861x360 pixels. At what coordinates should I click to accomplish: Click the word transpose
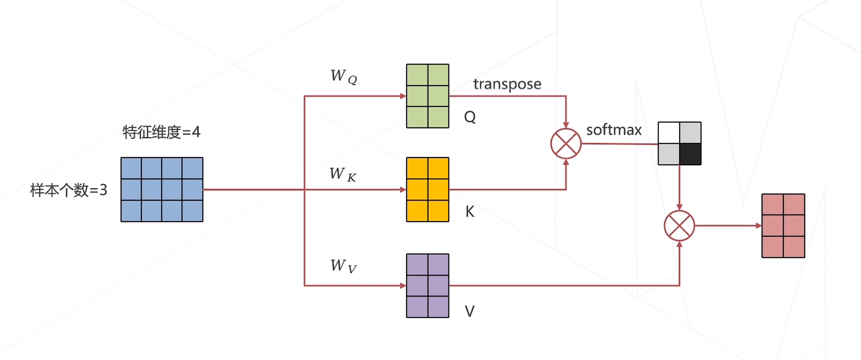click(507, 84)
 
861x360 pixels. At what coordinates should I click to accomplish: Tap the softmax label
click(614, 130)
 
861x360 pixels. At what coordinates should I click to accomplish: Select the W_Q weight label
click(343, 76)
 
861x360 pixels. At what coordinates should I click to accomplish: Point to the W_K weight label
click(342, 174)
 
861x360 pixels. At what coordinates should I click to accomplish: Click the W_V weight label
click(343, 266)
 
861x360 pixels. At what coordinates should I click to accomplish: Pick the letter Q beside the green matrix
click(470, 117)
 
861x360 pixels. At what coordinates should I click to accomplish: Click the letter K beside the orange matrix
click(470, 212)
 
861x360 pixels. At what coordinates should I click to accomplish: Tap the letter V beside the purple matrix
click(469, 311)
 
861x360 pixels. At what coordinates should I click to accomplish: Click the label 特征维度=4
click(161, 132)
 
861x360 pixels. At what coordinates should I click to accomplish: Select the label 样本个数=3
click(68, 190)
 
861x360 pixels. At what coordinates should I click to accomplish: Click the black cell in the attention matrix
click(690, 154)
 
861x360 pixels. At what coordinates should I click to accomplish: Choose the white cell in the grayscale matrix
click(669, 133)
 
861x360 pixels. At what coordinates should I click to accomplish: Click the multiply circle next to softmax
click(566, 143)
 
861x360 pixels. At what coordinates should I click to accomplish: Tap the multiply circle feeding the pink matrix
click(679, 226)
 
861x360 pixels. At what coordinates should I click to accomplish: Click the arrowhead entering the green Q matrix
click(403, 96)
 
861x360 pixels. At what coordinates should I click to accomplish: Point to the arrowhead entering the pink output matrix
click(758, 226)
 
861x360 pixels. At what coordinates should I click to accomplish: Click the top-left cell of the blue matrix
click(131, 168)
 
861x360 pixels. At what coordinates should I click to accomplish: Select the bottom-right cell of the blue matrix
click(192, 211)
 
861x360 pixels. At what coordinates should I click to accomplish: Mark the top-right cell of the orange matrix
click(438, 168)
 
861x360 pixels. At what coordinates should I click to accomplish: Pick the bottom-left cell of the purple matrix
click(417, 306)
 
